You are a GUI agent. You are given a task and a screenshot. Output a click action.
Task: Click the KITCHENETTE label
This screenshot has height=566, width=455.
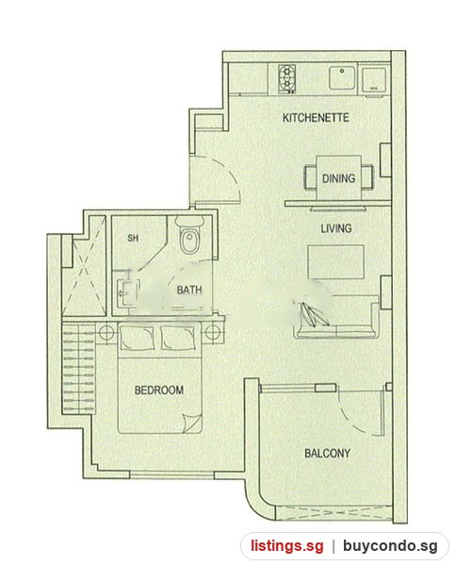pos(316,118)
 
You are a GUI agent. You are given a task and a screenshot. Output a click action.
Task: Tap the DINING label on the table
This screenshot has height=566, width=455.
pos(338,178)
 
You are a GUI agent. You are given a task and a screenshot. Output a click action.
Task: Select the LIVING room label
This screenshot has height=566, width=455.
pos(336,228)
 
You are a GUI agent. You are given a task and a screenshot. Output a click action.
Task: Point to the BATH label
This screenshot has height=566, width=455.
pos(189,290)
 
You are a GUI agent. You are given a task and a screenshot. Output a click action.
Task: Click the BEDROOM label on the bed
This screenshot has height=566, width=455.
pos(158,391)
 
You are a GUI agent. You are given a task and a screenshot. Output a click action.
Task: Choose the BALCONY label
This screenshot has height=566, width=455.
pos(327,454)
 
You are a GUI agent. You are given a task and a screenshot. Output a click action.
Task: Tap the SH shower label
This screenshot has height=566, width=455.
pos(133,239)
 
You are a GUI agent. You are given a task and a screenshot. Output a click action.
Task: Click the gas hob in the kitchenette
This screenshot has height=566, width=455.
pos(287,78)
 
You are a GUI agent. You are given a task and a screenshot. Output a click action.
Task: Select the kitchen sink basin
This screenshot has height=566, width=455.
pos(342,77)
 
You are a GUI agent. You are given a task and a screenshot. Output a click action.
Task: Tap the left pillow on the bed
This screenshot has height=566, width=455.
pos(137,338)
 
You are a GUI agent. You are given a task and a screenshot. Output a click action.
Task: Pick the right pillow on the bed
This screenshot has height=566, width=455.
pos(178,338)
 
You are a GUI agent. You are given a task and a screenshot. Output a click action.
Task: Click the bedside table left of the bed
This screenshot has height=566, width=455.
pos(106,332)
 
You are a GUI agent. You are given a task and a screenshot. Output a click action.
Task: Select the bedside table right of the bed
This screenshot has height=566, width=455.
pos(212,332)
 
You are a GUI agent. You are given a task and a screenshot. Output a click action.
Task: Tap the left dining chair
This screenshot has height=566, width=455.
pos(311,176)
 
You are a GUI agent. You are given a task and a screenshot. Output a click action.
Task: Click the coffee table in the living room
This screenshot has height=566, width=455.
pos(335,261)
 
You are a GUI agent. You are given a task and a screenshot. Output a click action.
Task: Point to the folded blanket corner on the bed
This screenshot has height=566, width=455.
pos(192,423)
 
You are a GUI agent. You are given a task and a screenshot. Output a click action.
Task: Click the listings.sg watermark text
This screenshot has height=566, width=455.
pos(287,545)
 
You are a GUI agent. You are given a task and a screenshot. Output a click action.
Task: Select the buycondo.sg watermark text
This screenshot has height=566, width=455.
pos(390,545)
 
